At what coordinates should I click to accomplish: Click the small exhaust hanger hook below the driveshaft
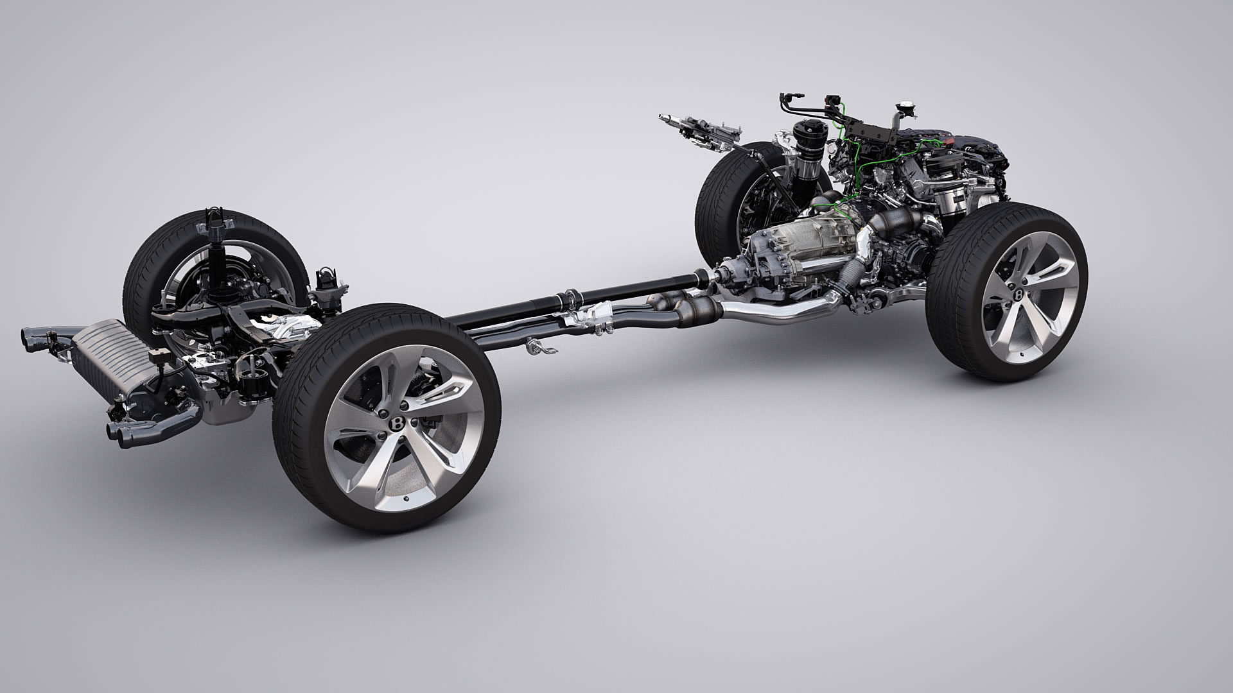pyautogui.click(x=533, y=347)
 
